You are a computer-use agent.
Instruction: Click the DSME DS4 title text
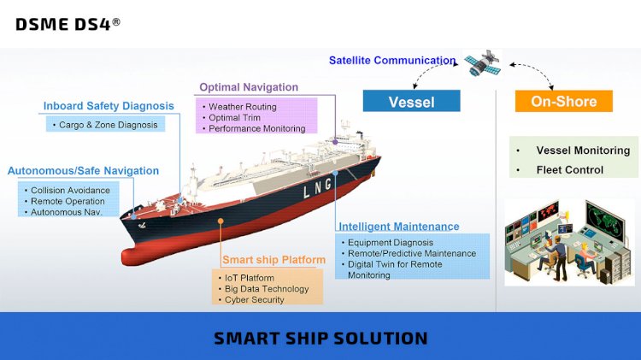pyautogui.click(x=68, y=24)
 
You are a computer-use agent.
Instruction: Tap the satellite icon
pyautogui.click(x=483, y=63)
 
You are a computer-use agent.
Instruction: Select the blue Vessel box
pyautogui.click(x=411, y=101)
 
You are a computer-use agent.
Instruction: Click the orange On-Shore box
pyautogui.click(x=564, y=101)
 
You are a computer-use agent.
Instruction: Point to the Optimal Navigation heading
pyautogui.click(x=249, y=87)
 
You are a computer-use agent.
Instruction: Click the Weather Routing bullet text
pyautogui.click(x=243, y=107)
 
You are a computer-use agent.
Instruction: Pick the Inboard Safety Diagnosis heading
pyautogui.click(x=109, y=106)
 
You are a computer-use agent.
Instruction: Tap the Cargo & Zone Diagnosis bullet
pyautogui.click(x=108, y=125)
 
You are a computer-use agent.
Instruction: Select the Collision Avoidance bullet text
pyautogui.click(x=70, y=190)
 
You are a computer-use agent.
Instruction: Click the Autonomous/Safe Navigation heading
pyautogui.click(x=83, y=170)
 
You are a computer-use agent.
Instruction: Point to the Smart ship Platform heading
pyautogui.click(x=273, y=260)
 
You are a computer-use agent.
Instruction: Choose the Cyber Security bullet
pyautogui.click(x=255, y=299)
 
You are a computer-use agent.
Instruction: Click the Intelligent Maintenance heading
pyautogui.click(x=399, y=227)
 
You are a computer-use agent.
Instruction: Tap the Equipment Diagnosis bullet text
pyautogui.click(x=391, y=243)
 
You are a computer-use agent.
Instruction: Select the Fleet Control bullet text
pyautogui.click(x=570, y=170)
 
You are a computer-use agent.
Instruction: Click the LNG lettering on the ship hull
pyautogui.click(x=317, y=189)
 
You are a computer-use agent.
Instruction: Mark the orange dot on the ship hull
pyautogui.click(x=221, y=221)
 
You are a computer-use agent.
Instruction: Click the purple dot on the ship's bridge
pyautogui.click(x=335, y=142)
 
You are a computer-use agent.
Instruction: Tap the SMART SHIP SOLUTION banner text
pyautogui.click(x=320, y=339)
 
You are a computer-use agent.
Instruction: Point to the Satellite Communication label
pyautogui.click(x=392, y=61)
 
